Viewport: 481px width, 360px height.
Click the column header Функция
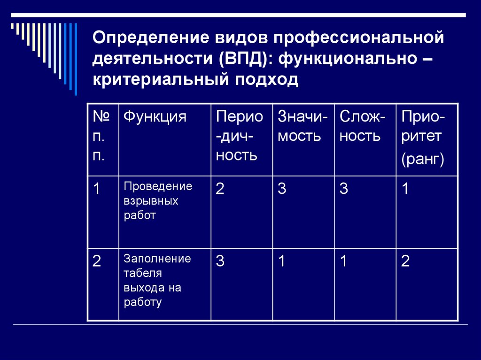coord(155,117)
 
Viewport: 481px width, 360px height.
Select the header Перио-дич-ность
coord(240,136)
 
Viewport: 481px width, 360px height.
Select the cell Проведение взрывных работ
coord(158,200)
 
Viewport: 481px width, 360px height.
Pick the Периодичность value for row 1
coord(220,189)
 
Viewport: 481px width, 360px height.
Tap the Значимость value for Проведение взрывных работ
coord(282,189)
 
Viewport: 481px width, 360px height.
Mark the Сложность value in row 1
coord(344,189)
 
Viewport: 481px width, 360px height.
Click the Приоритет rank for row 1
coord(405,189)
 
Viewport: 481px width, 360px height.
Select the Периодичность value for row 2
coord(220,261)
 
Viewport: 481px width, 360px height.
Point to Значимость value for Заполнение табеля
coord(282,261)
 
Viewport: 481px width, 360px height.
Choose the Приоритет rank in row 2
coord(405,261)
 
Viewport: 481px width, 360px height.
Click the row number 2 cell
coord(97,261)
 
